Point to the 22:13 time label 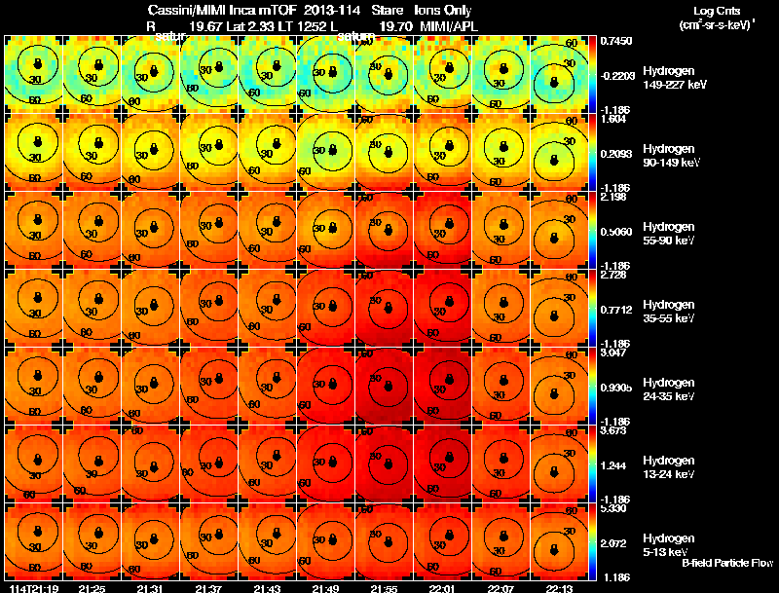[x=560, y=589]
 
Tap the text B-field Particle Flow [x=727, y=563]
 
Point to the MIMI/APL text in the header [x=449, y=24]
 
